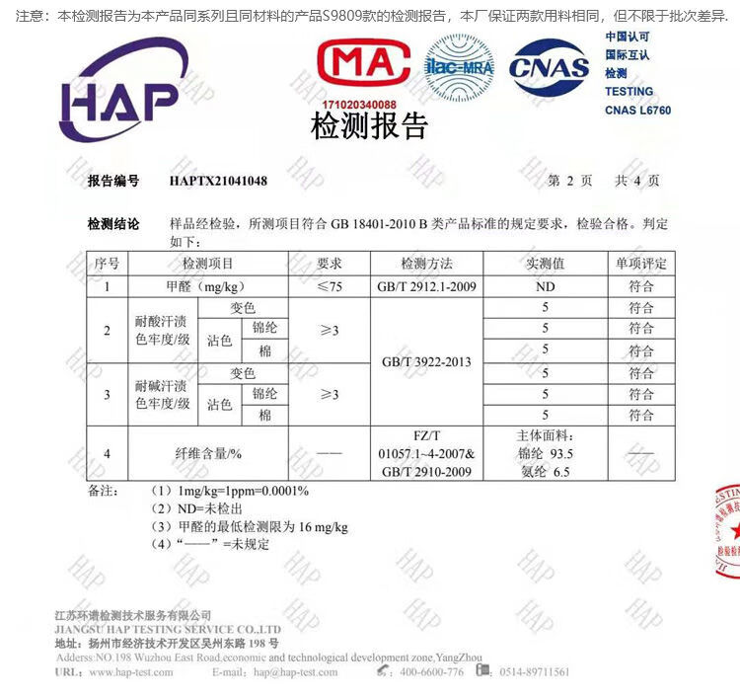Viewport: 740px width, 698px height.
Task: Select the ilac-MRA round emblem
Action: [460, 66]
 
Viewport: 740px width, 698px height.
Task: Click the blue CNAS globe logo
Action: [549, 67]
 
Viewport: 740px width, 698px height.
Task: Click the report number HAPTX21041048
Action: [218, 181]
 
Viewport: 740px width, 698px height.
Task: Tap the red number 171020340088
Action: [359, 104]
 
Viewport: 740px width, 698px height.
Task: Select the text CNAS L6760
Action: [637, 111]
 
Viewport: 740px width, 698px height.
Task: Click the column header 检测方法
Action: [426, 264]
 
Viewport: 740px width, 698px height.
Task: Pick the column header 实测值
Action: [545, 264]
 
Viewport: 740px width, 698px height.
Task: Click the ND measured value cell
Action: [545, 286]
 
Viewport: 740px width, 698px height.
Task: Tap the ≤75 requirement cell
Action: [329, 286]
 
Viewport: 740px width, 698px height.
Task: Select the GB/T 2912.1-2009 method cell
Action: [426, 286]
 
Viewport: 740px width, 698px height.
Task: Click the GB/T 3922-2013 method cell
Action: [426, 362]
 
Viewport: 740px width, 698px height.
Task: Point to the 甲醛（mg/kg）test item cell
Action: [208, 286]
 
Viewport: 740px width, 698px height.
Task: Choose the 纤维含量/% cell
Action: [208, 453]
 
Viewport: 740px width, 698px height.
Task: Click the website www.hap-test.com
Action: [130, 672]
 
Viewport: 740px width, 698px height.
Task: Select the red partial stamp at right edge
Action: [724, 533]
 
